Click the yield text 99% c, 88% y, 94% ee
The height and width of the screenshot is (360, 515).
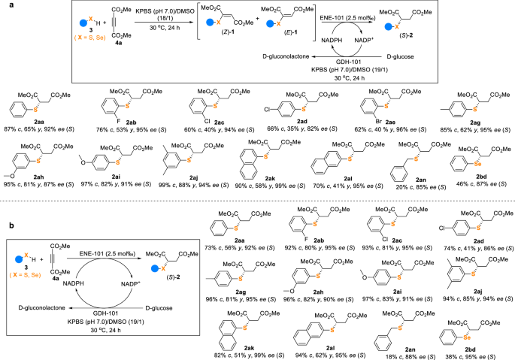[190, 194]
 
